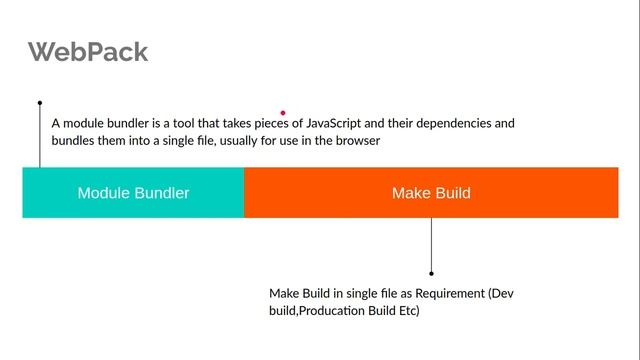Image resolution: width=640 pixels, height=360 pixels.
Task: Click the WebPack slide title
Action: click(88, 52)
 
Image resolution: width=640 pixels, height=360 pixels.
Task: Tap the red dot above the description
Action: click(283, 113)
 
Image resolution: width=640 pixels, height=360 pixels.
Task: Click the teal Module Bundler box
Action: click(133, 192)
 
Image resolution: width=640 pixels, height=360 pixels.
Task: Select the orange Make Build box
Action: click(431, 192)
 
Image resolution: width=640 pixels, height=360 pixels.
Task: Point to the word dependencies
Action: click(454, 124)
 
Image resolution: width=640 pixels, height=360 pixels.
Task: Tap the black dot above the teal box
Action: click(40, 102)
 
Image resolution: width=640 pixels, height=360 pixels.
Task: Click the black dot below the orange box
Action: click(431, 272)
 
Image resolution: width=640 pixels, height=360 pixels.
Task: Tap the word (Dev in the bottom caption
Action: click(501, 294)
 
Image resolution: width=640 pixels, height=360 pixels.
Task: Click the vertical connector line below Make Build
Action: click(431, 244)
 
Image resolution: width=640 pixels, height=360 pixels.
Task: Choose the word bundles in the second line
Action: click(73, 142)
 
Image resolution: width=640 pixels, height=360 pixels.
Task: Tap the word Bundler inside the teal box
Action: click(161, 192)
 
